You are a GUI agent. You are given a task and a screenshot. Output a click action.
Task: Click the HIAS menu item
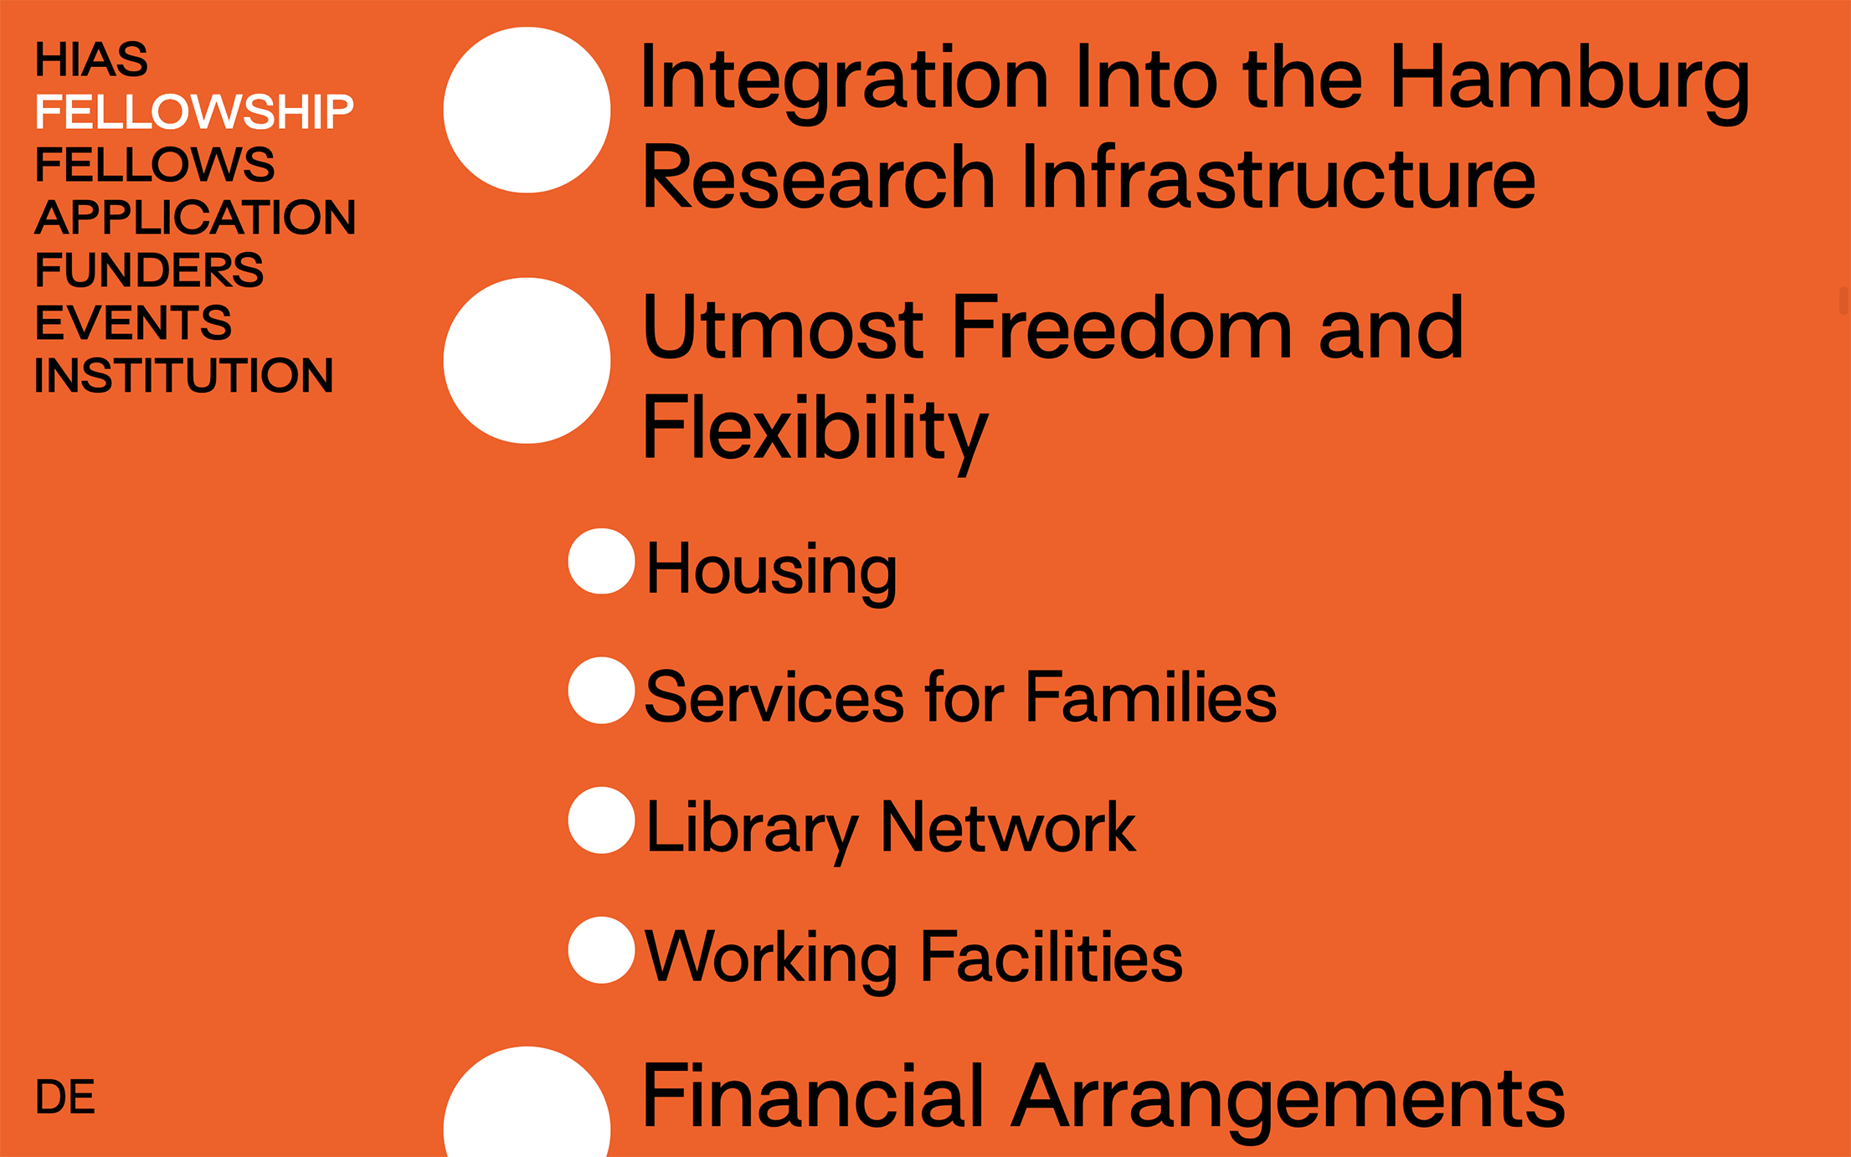(x=91, y=59)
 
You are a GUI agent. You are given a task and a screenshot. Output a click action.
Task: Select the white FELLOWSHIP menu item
(x=194, y=112)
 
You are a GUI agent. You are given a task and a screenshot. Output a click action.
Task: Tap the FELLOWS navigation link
(x=155, y=164)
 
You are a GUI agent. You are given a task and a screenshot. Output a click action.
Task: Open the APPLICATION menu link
(x=195, y=217)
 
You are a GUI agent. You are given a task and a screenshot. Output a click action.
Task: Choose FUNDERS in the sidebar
(x=149, y=270)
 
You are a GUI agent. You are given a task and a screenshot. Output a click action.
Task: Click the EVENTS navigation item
(x=133, y=322)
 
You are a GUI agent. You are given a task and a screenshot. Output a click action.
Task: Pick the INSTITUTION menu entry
(x=184, y=375)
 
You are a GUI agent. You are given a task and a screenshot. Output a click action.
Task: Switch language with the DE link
(x=65, y=1097)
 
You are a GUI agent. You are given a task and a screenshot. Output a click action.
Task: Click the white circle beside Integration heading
(x=527, y=110)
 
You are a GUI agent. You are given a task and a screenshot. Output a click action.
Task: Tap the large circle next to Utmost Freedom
(x=527, y=361)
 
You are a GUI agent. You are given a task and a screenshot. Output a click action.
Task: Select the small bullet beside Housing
(x=601, y=561)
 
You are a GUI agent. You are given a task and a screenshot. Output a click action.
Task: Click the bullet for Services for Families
(x=601, y=691)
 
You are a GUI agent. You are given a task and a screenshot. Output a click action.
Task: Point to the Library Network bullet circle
(x=601, y=820)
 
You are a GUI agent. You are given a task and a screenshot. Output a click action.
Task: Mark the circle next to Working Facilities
(x=601, y=950)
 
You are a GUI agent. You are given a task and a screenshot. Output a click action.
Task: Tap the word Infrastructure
(x=1278, y=177)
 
